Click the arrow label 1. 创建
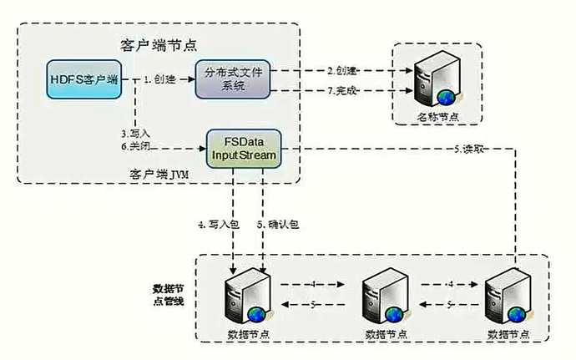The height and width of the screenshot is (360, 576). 159,79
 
